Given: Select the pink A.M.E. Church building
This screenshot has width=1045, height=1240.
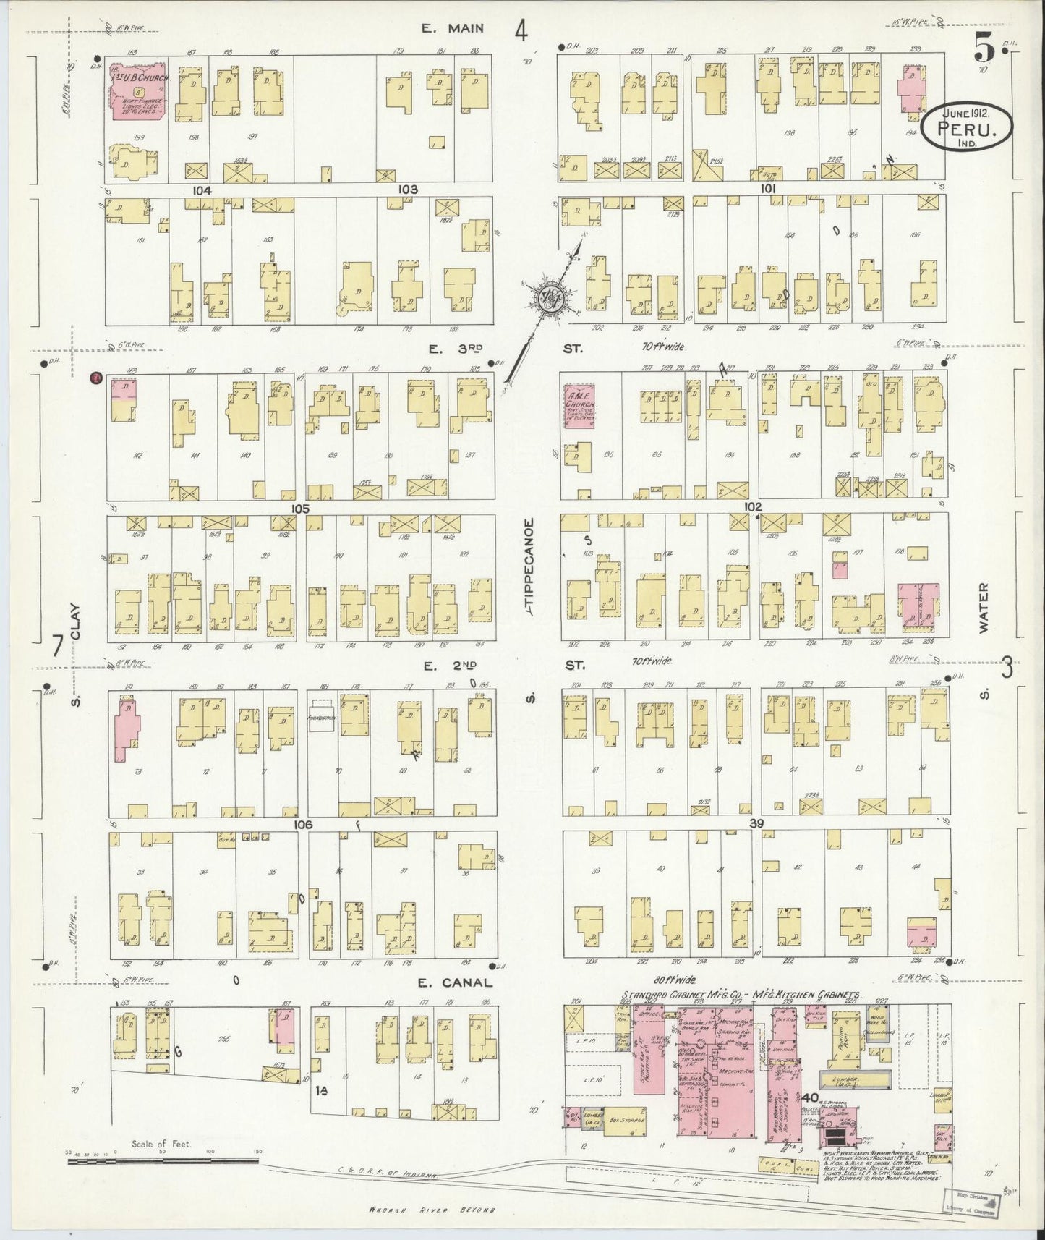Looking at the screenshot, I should [579, 406].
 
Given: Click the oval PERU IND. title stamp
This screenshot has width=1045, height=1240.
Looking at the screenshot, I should [967, 127].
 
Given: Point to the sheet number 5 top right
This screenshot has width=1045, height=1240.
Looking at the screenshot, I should [984, 48].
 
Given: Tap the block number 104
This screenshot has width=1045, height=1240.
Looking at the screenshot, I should [202, 190].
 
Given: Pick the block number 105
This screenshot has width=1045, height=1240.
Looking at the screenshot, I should [300, 509].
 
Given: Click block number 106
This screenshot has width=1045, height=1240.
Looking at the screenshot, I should [302, 824].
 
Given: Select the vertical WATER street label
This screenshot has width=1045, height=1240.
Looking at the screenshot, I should [983, 609].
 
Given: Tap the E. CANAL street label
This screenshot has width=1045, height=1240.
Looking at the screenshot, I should [456, 982].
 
